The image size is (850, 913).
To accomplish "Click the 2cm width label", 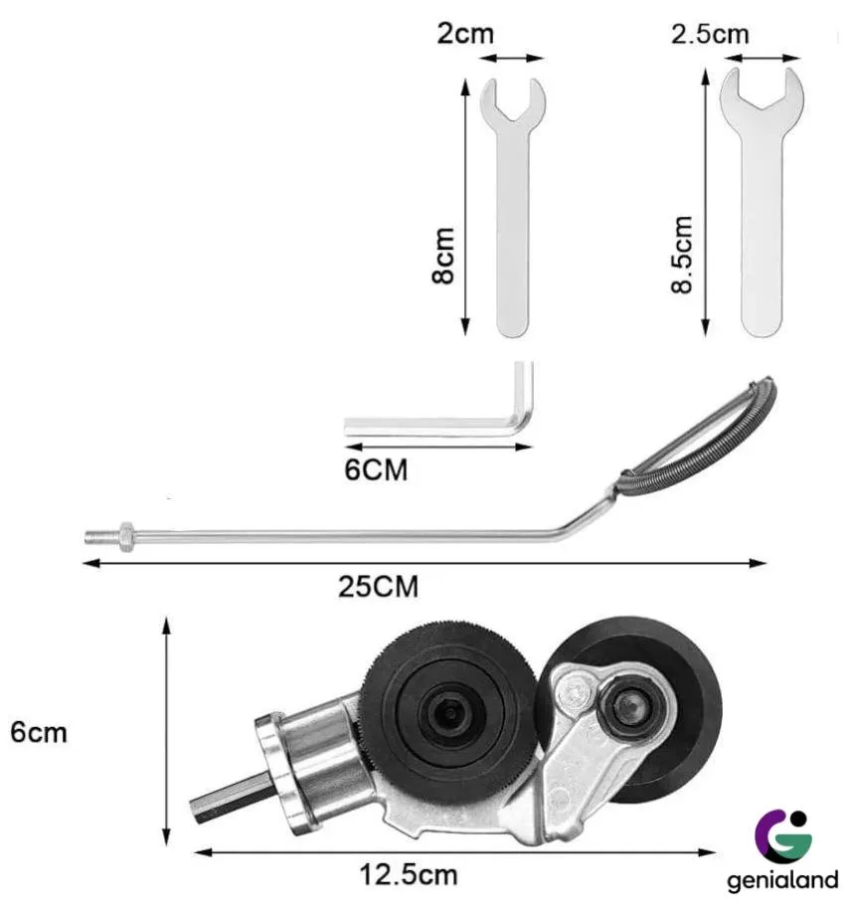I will (465, 34).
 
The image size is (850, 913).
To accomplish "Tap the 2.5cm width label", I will (710, 34).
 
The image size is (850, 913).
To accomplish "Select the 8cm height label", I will (443, 256).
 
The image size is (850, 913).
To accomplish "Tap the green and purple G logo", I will (784, 834).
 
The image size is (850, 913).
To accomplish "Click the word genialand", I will (782, 880).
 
